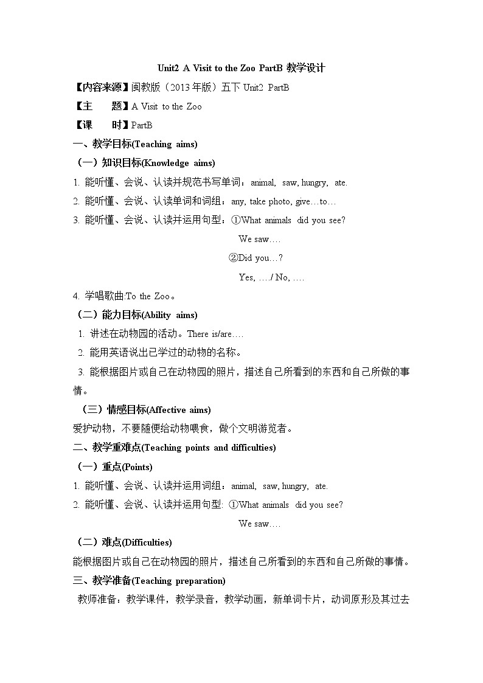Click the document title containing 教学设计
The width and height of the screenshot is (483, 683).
coord(241,69)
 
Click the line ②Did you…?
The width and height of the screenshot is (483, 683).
coord(255,258)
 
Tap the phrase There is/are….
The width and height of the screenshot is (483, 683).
coord(215,334)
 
